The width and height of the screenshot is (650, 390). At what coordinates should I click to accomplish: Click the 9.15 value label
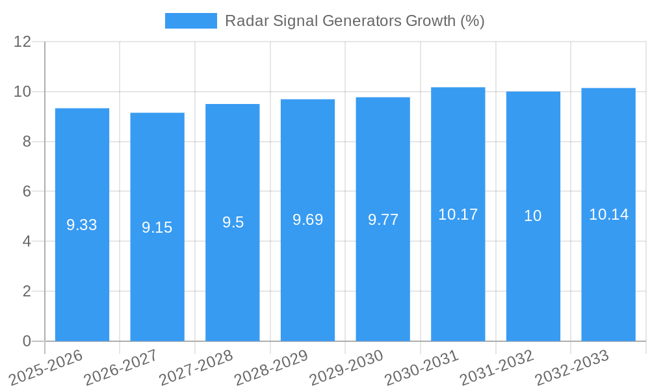(157, 227)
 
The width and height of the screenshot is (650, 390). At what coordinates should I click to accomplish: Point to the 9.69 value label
(307, 220)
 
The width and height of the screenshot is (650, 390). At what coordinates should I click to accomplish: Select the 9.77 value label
(383, 220)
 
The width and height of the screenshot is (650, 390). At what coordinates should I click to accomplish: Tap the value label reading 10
(533, 216)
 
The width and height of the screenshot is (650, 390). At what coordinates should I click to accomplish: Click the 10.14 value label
(608, 214)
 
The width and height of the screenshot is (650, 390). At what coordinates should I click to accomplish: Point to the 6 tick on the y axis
(27, 192)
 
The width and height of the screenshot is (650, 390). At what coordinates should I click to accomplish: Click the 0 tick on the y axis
(27, 341)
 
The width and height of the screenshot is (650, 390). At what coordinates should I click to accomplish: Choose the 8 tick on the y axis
(27, 142)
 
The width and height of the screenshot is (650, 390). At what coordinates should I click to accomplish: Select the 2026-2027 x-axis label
(120, 368)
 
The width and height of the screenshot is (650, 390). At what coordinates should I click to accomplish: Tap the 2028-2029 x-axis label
(270, 368)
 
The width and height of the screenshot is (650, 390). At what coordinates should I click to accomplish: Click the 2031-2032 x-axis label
(496, 368)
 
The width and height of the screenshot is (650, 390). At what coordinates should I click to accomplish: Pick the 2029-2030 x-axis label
(346, 368)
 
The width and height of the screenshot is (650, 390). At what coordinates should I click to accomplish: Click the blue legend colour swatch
(190, 21)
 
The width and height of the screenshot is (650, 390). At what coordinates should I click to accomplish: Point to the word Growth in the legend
(430, 21)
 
